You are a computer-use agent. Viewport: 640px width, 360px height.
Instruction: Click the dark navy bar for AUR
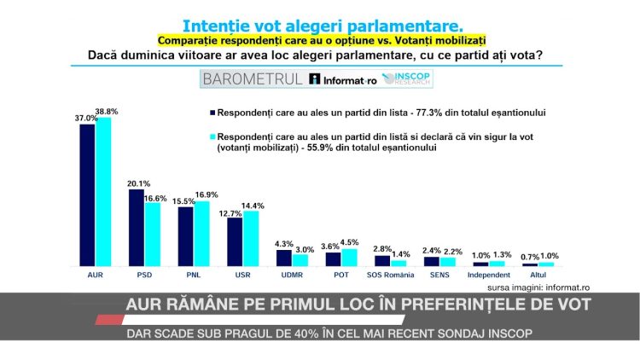(86, 195)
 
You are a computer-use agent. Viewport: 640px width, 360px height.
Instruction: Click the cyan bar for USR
(251, 240)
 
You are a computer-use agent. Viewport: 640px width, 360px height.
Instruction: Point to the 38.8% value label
(107, 112)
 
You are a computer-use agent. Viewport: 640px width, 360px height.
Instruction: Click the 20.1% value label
(138, 183)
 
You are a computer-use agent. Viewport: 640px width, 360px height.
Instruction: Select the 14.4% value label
(253, 205)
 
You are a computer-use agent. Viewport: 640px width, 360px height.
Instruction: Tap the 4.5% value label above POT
(350, 241)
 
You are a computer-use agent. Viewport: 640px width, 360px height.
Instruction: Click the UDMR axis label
(292, 275)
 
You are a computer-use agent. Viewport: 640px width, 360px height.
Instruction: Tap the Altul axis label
(538, 275)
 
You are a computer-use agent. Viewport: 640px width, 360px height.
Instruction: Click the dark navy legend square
(211, 112)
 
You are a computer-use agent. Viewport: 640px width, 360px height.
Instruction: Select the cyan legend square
(211, 136)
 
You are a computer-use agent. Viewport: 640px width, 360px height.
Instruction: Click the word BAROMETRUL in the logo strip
(252, 79)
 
